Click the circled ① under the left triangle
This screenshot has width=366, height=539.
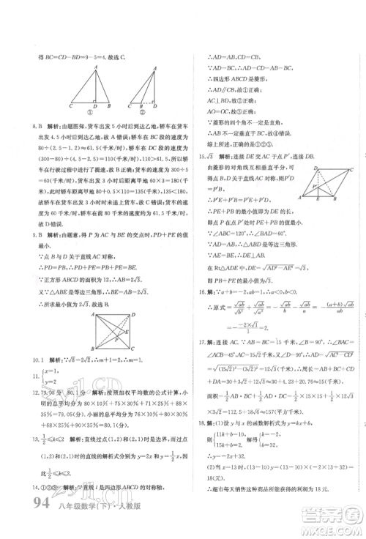click(94, 114)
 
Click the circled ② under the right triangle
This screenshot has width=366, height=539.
click(152, 114)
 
